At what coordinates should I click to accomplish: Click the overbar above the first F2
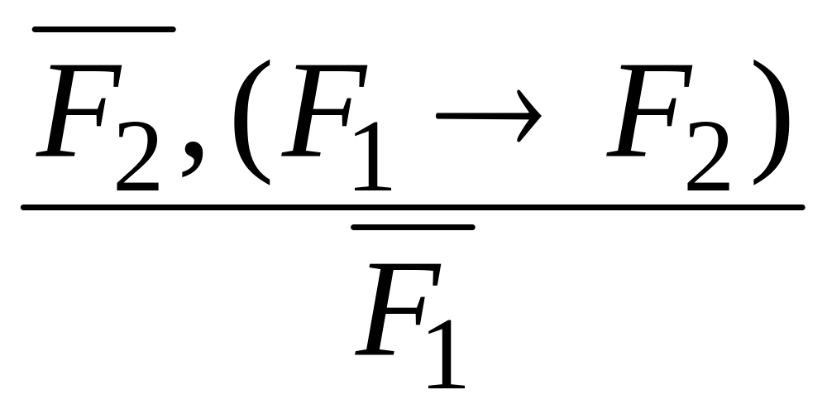click(x=103, y=30)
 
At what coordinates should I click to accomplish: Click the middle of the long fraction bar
click(x=413, y=207)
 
